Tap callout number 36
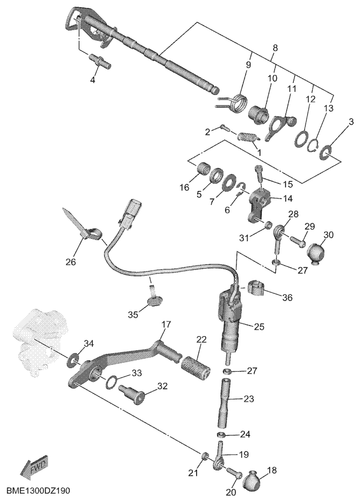pyautogui.click(x=286, y=298)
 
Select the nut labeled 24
pyautogui.click(x=221, y=435)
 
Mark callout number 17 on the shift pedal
pyautogui.click(x=166, y=325)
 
